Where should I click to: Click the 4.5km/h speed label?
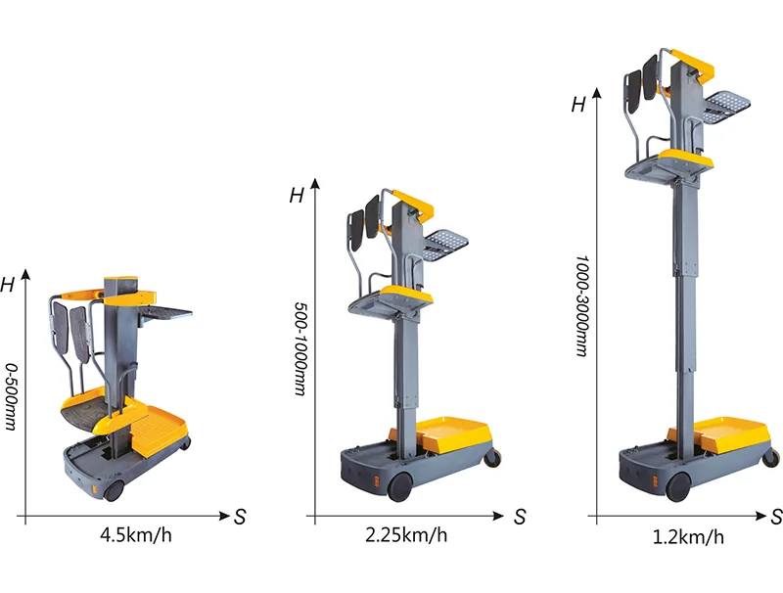coord(136,535)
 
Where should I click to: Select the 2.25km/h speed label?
coord(406,535)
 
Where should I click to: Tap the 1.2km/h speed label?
coord(688,537)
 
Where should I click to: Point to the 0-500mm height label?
coord(11,396)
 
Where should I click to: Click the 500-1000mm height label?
coord(299,348)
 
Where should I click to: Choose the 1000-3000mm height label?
coord(581,306)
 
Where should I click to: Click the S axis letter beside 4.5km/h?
coord(240,517)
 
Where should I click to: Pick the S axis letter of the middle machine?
coord(520,517)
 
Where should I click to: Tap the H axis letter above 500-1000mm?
coord(297,195)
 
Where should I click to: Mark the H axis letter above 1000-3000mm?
coord(578,105)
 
